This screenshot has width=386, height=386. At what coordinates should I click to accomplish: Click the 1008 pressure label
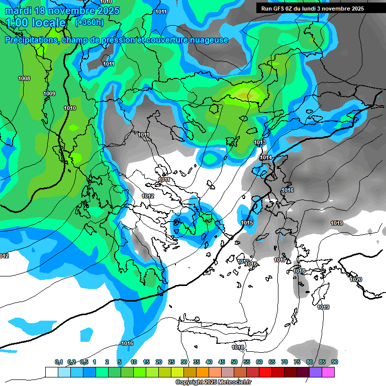coord(24,78)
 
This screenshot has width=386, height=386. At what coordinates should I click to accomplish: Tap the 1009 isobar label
coord(49,93)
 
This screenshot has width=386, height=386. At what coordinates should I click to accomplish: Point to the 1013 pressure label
coord(260,143)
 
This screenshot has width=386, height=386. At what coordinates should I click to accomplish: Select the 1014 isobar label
coord(266,158)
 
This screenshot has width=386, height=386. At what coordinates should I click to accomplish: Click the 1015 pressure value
coord(247,223)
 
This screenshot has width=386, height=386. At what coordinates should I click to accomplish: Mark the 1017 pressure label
coord(280,260)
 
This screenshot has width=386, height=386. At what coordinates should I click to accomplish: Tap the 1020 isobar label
coord(355,279)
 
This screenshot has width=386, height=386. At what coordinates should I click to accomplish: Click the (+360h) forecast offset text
coord(89,22)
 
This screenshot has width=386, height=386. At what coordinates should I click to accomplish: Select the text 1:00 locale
coord(36,23)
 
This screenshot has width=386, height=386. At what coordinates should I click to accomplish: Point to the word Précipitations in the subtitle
coord(30,40)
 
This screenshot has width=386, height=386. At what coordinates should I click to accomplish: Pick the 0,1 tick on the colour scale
coord(58,362)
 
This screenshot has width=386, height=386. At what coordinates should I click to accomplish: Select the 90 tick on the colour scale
coord(335,362)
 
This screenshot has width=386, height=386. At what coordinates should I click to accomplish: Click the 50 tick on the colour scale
coord(234,362)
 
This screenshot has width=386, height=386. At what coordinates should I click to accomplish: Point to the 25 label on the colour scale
coord(171,362)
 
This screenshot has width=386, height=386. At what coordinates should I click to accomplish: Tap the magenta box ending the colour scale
coord(328,372)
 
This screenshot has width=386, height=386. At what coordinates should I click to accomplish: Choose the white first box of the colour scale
coord(52,372)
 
